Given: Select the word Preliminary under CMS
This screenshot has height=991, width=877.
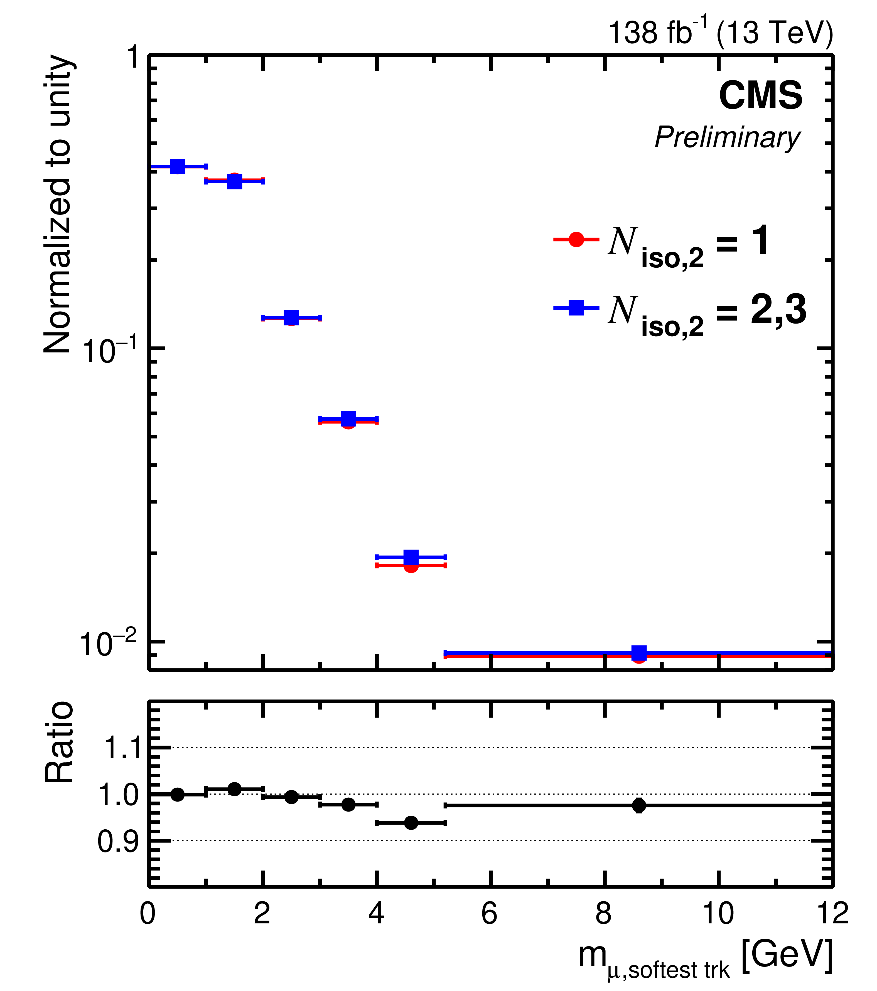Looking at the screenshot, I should [x=727, y=137].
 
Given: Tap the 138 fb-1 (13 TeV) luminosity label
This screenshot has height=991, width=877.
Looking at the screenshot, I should [x=720, y=33].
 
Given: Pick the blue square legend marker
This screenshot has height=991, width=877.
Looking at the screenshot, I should [x=576, y=307].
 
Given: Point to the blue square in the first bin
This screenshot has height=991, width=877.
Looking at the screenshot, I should [x=178, y=166].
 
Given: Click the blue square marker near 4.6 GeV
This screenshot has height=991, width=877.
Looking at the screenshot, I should [x=411, y=557].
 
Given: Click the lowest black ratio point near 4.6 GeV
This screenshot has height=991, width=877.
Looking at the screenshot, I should [x=411, y=823].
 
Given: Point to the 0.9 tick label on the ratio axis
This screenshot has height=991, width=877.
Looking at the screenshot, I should [x=118, y=842].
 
